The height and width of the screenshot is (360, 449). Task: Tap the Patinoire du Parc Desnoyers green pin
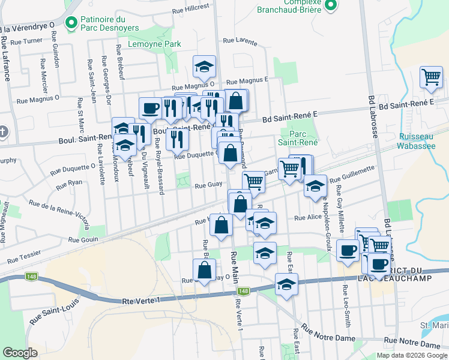[71, 23]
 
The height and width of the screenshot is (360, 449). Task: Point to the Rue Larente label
[240, 41]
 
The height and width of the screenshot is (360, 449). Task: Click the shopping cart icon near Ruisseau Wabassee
[431, 77]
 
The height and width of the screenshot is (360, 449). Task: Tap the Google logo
[20, 353]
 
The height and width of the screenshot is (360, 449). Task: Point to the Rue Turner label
[30, 41]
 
